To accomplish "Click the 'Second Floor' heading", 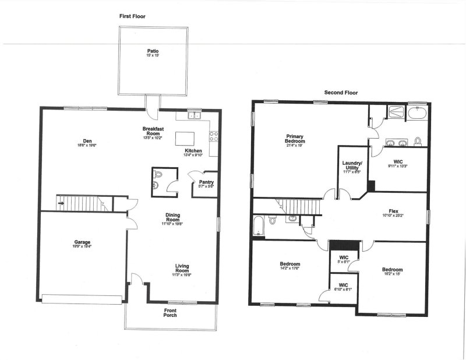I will click(341, 93).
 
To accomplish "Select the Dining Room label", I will click(172, 217).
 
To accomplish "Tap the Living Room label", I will click(182, 269).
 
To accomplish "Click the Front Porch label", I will click(170, 313).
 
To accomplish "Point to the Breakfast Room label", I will click(154, 131).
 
